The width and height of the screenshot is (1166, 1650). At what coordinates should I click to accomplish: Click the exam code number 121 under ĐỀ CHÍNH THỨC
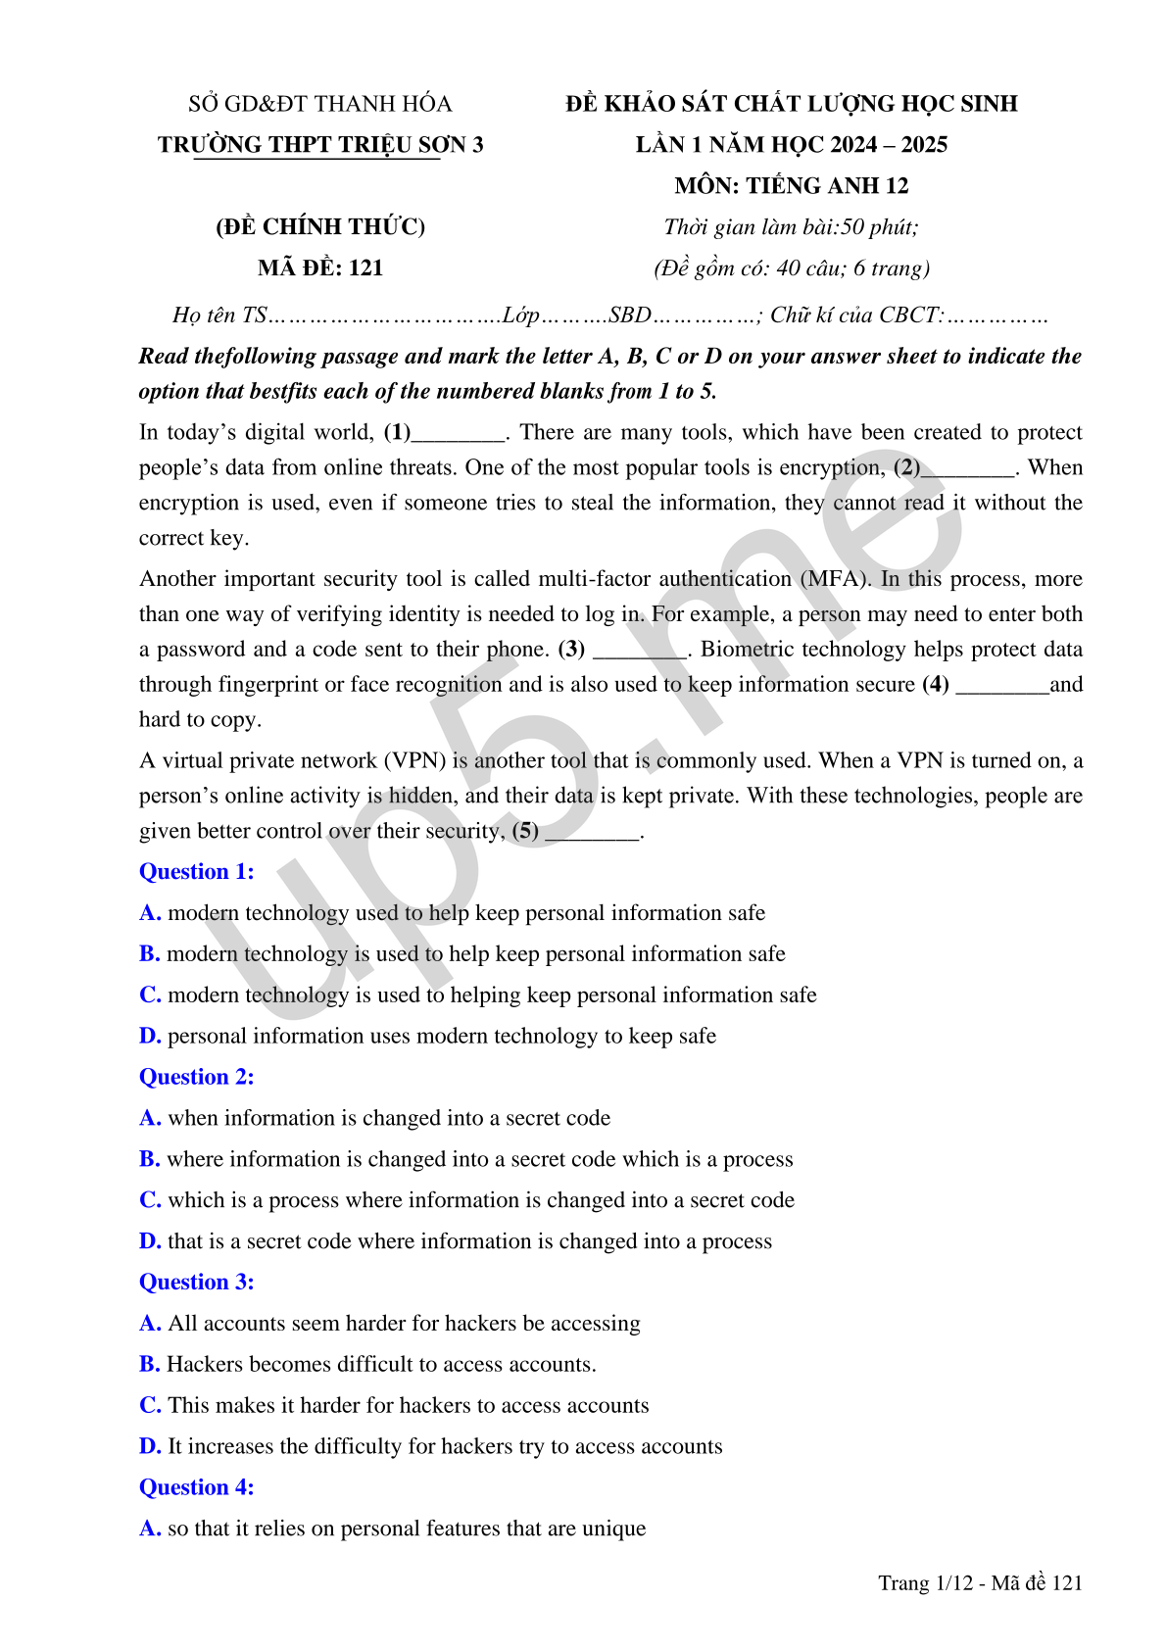[x=365, y=267]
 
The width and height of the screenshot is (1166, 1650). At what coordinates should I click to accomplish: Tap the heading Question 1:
[x=196, y=871]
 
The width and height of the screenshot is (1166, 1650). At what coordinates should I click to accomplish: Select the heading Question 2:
[x=196, y=1077]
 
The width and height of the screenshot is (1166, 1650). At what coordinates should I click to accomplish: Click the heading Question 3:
[x=196, y=1282]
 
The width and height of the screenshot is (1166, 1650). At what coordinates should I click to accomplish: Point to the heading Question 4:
[x=196, y=1487]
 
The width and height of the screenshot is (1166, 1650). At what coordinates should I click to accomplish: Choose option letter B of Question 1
[x=149, y=954]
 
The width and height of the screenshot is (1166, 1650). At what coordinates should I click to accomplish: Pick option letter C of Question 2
[x=150, y=1200]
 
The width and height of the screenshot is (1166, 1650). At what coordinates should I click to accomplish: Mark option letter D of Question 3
[x=150, y=1446]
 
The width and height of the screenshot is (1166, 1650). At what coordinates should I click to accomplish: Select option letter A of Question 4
[x=150, y=1529]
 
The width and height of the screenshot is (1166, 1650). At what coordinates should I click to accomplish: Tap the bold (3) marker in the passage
[x=571, y=650]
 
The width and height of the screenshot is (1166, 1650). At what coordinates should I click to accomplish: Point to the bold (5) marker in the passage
[x=526, y=831]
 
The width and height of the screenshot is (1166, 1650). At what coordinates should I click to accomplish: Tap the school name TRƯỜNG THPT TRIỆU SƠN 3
[x=320, y=145]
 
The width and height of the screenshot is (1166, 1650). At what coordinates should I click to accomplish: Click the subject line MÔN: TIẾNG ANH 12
[x=791, y=186]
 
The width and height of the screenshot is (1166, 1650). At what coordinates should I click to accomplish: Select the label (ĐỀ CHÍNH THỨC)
[x=320, y=227]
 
